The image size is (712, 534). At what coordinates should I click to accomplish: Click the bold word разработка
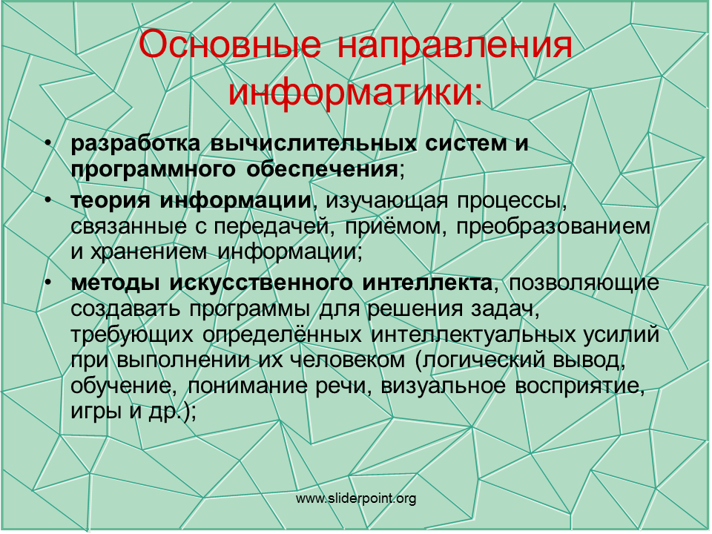coord(135,144)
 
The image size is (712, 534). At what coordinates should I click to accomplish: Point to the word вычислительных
coord(313,143)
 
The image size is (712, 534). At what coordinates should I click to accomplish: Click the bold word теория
coord(110,201)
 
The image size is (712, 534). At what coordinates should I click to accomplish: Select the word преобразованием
coord(553,227)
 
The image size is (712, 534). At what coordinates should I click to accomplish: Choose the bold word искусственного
coord(261,283)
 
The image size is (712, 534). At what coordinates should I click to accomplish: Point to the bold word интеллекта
coord(427,283)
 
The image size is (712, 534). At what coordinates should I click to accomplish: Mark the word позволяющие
coord(584,283)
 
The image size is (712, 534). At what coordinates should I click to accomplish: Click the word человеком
coord(347,360)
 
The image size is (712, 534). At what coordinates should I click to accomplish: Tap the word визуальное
coord(443,386)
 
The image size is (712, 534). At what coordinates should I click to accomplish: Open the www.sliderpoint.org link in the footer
coord(356,498)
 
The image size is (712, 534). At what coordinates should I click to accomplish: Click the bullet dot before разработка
coord(48,144)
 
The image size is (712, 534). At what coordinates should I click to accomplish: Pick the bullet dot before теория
coord(48,201)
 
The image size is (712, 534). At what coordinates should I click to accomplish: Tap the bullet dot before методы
coord(48,283)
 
